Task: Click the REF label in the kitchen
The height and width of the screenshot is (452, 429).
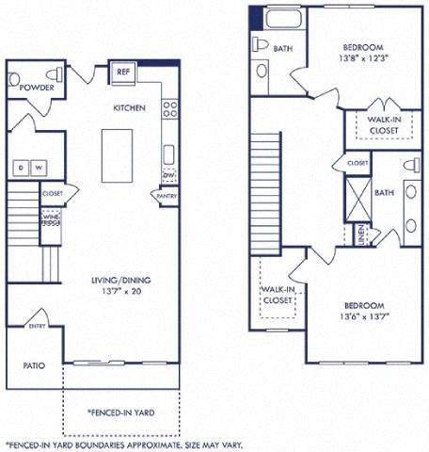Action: [122, 72]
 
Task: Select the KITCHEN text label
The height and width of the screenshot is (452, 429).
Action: [130, 108]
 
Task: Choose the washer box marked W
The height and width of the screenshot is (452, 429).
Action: [40, 168]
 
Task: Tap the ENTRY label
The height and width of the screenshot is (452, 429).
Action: [37, 326]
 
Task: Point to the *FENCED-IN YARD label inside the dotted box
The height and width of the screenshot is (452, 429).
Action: [120, 412]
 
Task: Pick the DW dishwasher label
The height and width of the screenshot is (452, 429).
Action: [169, 175]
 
